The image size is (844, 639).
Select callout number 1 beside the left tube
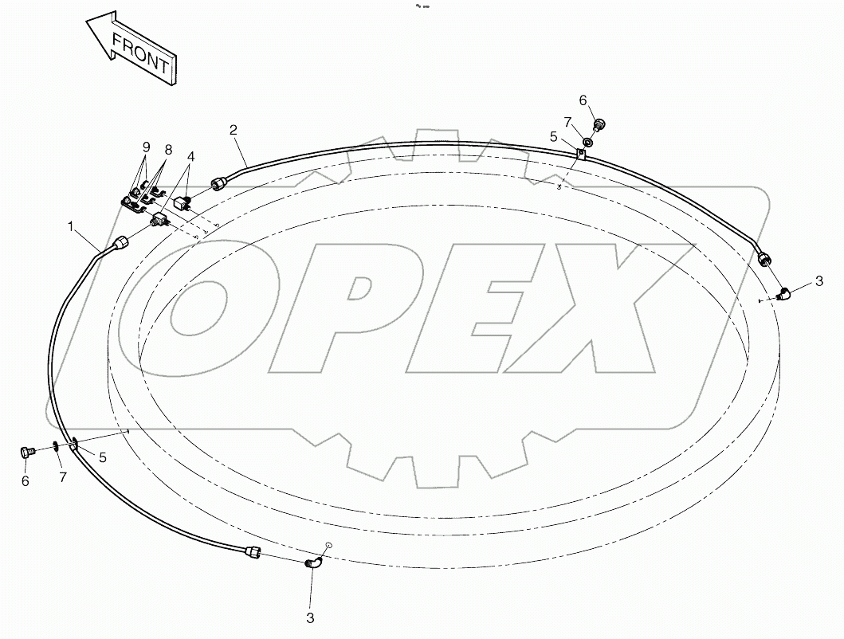pyautogui.click(x=71, y=227)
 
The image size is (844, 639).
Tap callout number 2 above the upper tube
pyautogui.click(x=233, y=130)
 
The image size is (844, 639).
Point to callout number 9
pyautogui.click(x=146, y=147)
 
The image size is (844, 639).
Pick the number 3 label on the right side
pyautogui.click(x=818, y=281)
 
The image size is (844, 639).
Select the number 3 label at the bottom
pyautogui.click(x=311, y=617)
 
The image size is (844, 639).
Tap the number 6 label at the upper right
pyautogui.click(x=583, y=100)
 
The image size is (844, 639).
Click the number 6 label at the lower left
pyautogui.click(x=25, y=480)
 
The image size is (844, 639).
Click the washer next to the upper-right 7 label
pyautogui.click(x=588, y=142)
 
